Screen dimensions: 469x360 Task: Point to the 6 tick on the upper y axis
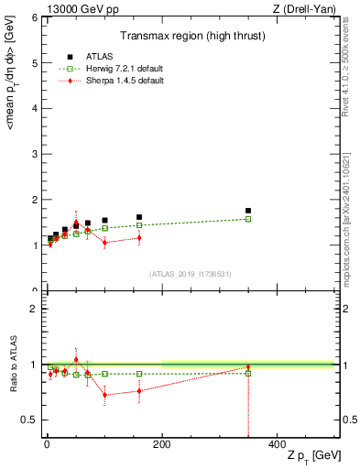37,17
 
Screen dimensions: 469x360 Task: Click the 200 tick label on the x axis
162,444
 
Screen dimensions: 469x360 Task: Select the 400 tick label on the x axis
277,444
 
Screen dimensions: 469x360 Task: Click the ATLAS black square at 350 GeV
248,211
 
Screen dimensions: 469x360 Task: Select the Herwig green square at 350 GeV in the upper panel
248,219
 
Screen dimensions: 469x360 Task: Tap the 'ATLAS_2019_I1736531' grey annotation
189,274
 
